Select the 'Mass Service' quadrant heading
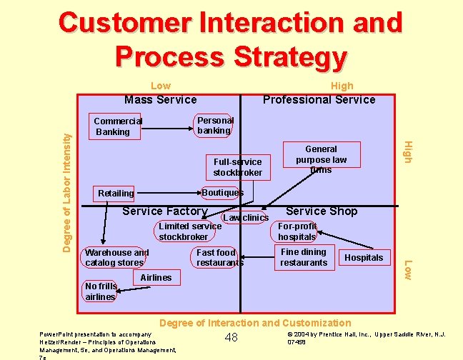[161, 99]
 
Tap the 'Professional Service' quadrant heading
[319, 99]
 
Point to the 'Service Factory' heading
[165, 211]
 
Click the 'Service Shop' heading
[322, 211]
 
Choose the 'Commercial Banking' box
[117, 126]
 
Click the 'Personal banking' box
[214, 125]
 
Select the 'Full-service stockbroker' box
[237, 167]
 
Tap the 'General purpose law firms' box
[321, 159]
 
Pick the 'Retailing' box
[116, 193]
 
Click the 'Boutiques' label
[222, 192]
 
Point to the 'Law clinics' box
[245, 217]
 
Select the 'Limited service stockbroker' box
[189, 231]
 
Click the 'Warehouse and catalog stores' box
[116, 257]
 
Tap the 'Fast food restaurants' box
[219, 257]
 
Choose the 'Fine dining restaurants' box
[303, 257]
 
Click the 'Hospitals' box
[364, 257]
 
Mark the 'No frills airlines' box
[99, 291]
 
